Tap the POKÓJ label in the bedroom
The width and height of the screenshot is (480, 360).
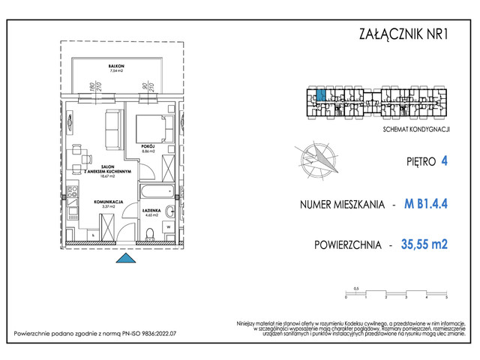pyautogui.click(x=146, y=146)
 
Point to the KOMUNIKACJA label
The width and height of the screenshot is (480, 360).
pyautogui.click(x=108, y=202)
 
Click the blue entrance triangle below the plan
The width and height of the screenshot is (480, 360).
pyautogui.click(x=126, y=259)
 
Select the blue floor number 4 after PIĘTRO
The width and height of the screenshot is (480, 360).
pyautogui.click(x=445, y=160)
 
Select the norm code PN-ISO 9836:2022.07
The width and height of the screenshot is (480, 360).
pyautogui.click(x=141, y=333)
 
